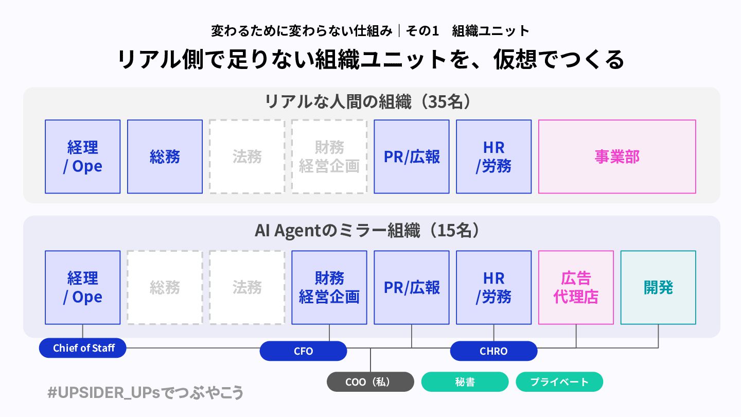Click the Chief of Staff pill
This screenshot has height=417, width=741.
click(83, 348)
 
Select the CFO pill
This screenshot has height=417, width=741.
click(303, 351)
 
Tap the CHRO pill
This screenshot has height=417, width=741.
click(493, 351)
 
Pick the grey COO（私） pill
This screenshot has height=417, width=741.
click(370, 382)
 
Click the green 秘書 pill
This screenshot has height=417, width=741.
click(465, 382)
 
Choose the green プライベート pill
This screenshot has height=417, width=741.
click(559, 382)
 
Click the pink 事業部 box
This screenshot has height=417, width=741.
click(617, 157)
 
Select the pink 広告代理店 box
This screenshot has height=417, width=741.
click(576, 287)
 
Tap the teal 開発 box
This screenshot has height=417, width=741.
click(658, 287)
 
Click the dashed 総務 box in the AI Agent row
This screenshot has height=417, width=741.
click(165, 287)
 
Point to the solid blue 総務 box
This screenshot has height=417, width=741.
click(165, 157)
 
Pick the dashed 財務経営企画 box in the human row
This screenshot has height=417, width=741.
click(329, 157)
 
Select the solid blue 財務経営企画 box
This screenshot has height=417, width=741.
click(329, 287)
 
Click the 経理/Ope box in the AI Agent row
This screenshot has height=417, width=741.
click(82, 287)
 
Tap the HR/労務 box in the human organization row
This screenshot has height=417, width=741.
click(493, 157)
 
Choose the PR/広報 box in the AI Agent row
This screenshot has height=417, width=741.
click(412, 287)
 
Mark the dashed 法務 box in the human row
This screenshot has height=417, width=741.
click(247, 157)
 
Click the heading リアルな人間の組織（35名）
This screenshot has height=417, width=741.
click(368, 101)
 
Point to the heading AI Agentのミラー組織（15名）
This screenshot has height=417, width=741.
click(368, 230)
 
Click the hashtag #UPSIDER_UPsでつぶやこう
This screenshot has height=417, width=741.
click(145, 393)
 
